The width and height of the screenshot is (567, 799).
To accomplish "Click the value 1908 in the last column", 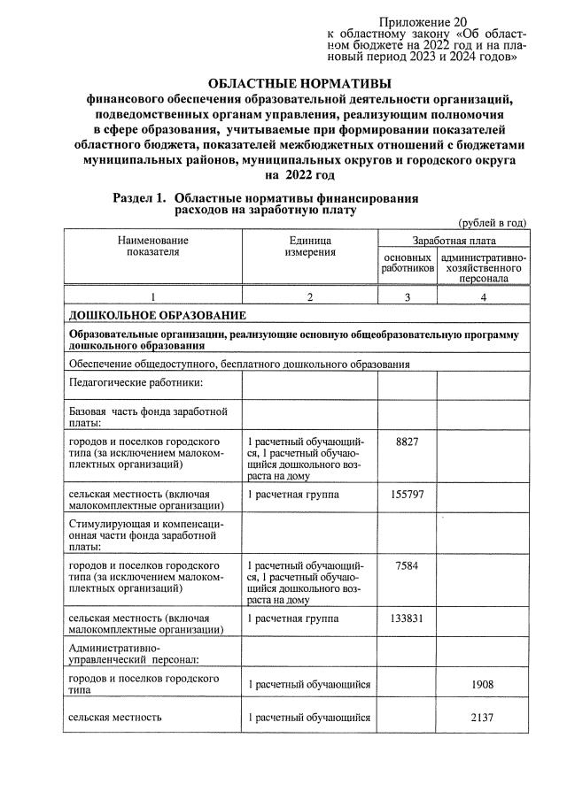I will [x=483, y=685].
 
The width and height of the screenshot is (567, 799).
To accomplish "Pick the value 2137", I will [x=483, y=718].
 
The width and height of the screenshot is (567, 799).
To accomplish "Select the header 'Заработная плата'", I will [x=454, y=240].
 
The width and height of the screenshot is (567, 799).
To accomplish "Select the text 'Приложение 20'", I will [x=423, y=22].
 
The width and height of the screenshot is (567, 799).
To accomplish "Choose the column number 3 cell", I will [x=407, y=297].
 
